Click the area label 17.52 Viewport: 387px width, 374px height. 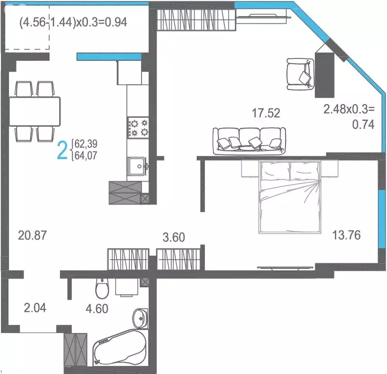265,113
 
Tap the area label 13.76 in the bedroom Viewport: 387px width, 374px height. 346,235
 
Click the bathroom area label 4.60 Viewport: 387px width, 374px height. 97,308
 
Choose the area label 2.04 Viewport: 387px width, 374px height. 36,307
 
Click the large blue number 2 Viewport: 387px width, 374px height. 62,150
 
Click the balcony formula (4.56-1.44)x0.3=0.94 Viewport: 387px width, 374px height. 73,22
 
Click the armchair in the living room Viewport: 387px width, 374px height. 299,74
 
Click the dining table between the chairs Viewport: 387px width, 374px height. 35,111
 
